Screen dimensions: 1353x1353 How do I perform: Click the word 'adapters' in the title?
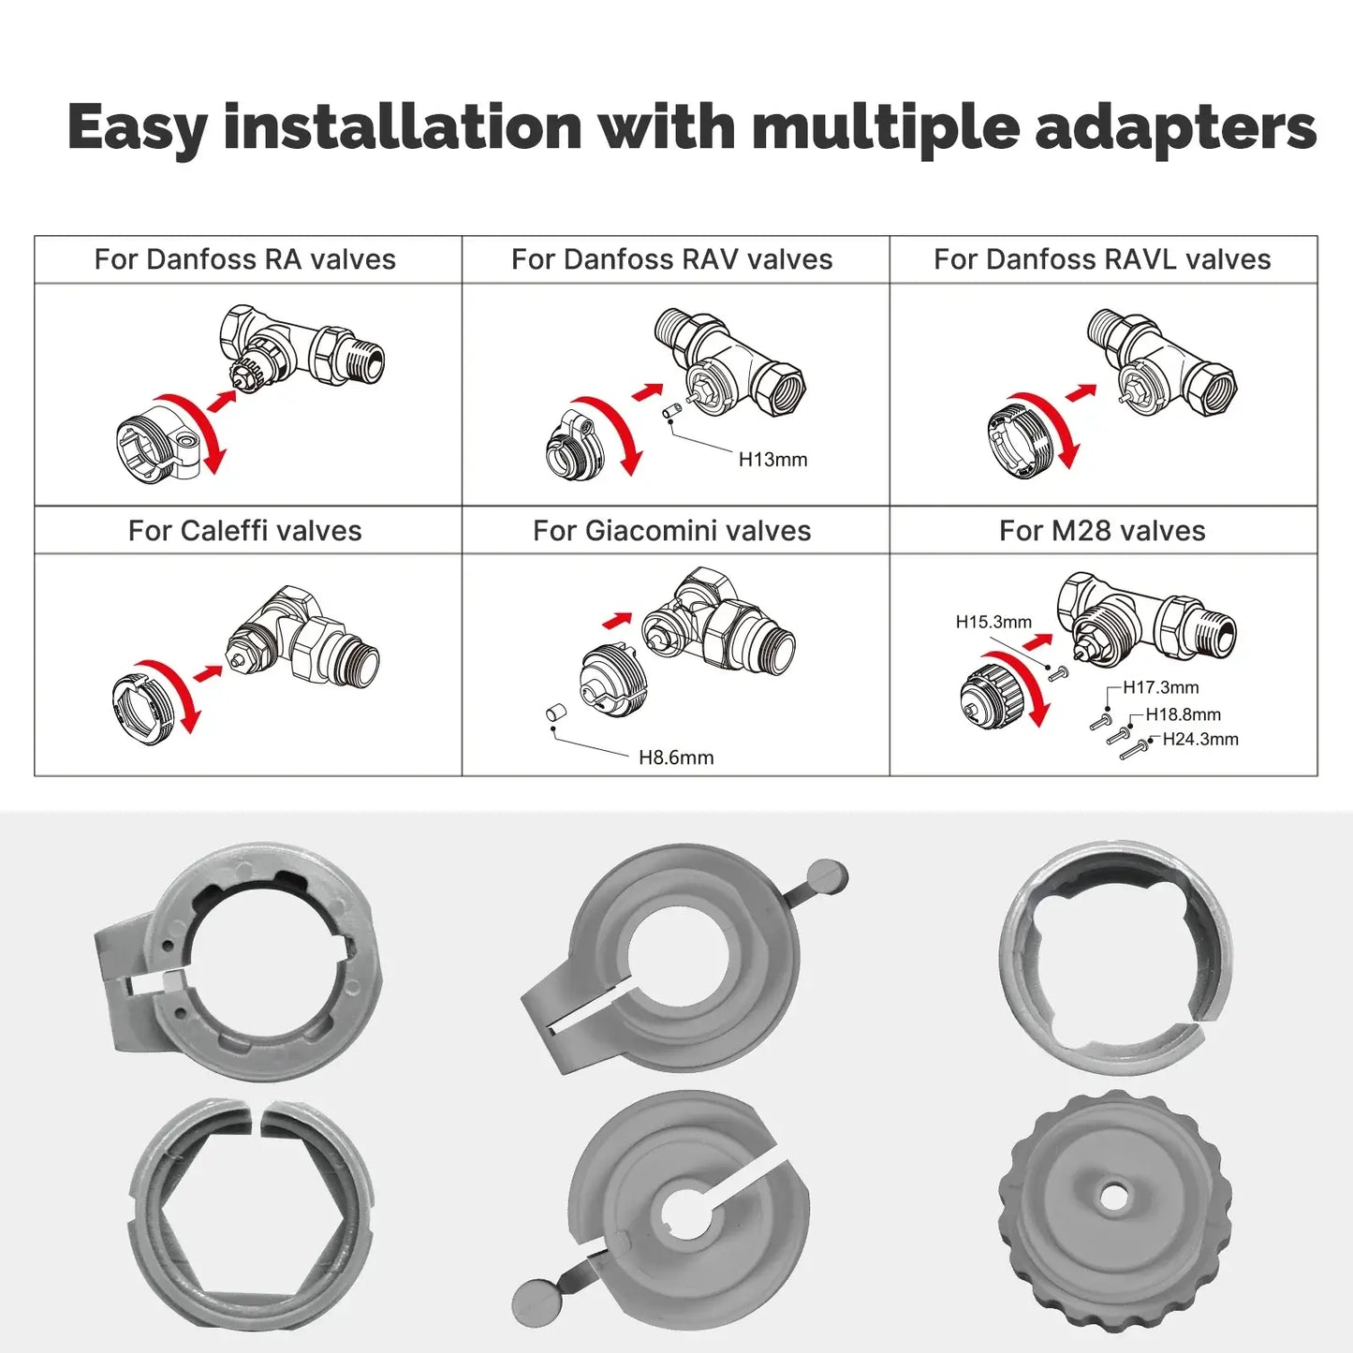click(x=1176, y=128)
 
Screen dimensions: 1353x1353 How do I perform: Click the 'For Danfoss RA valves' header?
click(x=245, y=259)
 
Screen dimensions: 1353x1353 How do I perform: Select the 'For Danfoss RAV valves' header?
click(x=671, y=259)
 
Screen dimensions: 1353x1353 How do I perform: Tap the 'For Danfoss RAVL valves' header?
click(x=1102, y=259)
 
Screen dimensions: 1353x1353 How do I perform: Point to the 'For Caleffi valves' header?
click(x=245, y=531)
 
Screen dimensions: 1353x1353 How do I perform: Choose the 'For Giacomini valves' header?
click(x=671, y=531)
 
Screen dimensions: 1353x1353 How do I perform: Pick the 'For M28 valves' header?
click(x=1102, y=531)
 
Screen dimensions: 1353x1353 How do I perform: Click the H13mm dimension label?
click(x=772, y=460)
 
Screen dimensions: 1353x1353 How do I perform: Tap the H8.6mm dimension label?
click(x=676, y=757)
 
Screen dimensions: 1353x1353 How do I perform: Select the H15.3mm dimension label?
click(x=993, y=622)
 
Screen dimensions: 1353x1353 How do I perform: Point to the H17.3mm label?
click(x=1161, y=687)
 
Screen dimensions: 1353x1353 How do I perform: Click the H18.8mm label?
click(x=1184, y=714)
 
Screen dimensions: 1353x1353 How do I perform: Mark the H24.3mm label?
click(x=1200, y=739)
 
